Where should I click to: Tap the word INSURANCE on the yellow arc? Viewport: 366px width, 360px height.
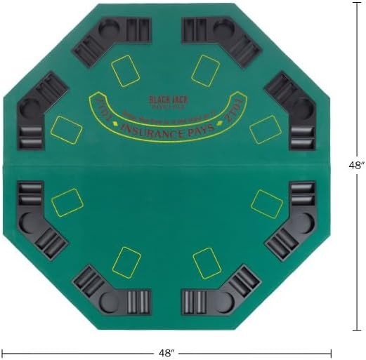(x=150, y=129)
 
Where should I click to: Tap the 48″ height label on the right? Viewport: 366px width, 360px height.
(x=357, y=166)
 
